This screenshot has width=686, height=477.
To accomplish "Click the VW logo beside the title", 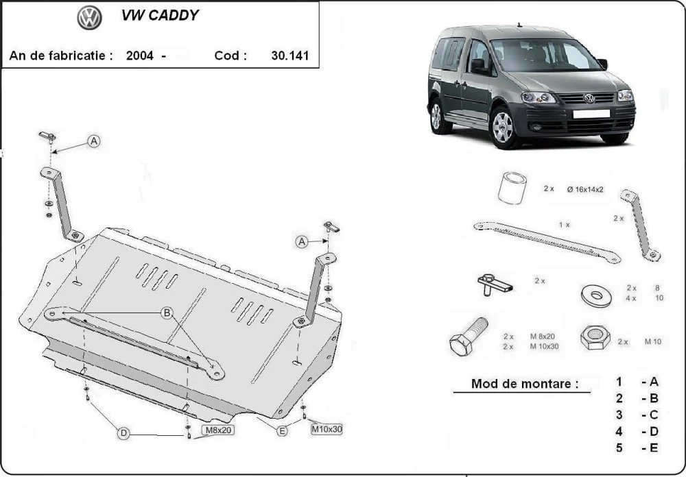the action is [90, 18].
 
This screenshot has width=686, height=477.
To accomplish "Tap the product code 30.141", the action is [290, 56].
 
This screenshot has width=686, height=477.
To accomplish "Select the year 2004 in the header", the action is [139, 56].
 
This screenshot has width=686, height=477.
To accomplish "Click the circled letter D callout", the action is [123, 433].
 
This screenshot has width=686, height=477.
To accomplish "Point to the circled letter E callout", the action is [283, 431].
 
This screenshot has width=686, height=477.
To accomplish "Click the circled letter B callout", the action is [167, 313].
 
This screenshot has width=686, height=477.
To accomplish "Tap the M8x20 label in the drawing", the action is [218, 430].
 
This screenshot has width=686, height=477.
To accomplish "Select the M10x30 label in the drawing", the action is [327, 429].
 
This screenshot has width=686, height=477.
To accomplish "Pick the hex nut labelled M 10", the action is [595, 337].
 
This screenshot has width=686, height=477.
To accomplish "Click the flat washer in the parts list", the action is [596, 295].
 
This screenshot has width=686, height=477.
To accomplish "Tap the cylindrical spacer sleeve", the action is [512, 188].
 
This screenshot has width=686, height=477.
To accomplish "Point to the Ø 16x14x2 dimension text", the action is [585, 189].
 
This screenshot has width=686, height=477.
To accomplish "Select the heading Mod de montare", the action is [525, 384].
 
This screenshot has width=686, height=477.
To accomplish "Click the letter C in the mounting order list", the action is [654, 415].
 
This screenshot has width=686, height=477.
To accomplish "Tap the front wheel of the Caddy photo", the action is [504, 127].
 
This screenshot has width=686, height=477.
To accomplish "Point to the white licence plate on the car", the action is [591, 114].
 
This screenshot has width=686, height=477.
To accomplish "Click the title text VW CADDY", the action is [160, 15].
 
